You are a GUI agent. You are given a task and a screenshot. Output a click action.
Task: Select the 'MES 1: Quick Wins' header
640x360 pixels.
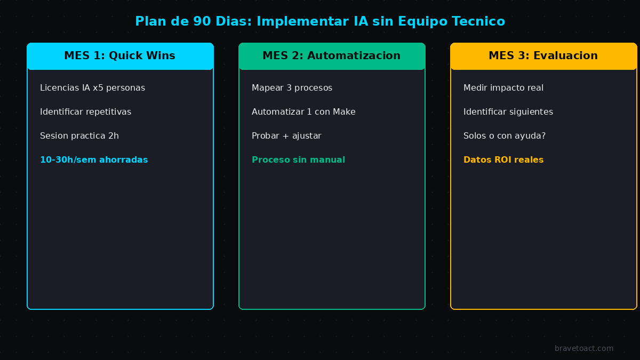119,56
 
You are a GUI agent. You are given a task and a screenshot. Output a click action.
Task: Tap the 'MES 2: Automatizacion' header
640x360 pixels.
331,56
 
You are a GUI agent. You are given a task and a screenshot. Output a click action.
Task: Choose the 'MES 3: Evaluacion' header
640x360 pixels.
543,56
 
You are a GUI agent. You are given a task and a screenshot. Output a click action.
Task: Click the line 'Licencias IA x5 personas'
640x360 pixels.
92,88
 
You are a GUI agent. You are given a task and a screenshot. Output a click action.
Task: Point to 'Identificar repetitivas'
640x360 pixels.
85,112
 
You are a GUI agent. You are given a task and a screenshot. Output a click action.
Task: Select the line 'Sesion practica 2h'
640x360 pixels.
79,136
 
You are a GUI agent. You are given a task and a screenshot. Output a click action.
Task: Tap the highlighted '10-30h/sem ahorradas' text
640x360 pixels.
94,160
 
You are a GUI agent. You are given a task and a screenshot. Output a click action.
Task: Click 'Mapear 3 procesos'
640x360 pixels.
292,88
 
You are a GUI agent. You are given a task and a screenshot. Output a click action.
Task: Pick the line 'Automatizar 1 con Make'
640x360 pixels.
303,112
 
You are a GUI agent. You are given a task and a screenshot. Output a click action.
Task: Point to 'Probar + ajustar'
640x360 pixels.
286,136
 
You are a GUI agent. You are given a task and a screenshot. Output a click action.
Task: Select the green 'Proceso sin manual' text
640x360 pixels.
298,160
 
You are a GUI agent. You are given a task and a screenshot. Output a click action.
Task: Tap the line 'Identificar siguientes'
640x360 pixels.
508,112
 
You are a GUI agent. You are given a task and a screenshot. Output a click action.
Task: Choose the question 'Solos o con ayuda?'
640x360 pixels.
504,136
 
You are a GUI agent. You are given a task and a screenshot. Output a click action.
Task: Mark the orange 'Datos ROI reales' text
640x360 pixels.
503,160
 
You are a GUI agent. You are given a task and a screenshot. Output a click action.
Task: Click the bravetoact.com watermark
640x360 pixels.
584,349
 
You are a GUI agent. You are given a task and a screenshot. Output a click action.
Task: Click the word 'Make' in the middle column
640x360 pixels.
344,112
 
